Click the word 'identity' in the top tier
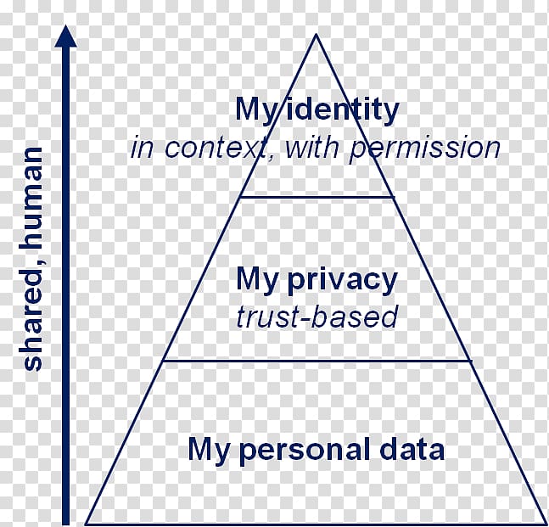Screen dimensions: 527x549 [x=345, y=110]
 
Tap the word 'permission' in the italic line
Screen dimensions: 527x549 [x=425, y=149]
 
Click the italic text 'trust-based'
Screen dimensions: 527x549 [x=317, y=317]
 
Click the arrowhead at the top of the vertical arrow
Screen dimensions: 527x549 [x=65, y=36]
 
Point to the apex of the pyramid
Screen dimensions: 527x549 [x=317, y=36]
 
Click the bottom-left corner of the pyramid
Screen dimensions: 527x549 [x=87, y=522]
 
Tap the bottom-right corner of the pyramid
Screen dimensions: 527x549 [x=545, y=522]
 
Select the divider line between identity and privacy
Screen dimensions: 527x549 [x=317, y=197]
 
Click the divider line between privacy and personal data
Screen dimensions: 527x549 [x=317, y=360]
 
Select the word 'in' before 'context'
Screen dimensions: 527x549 [x=141, y=149]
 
